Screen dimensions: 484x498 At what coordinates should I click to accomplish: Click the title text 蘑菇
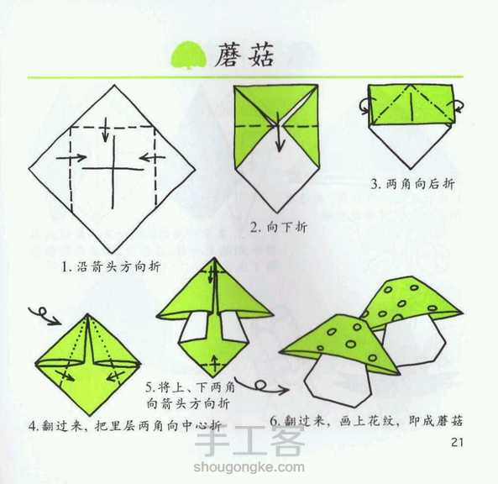click(x=244, y=55)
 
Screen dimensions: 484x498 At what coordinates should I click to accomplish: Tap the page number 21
click(x=458, y=442)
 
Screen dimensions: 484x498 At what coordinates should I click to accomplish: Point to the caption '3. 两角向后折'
click(x=412, y=183)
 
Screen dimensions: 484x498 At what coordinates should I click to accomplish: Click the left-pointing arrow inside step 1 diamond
click(x=148, y=157)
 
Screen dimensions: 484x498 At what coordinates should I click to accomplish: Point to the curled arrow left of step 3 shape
click(x=364, y=106)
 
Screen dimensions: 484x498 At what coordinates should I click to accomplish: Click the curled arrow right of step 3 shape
click(x=460, y=106)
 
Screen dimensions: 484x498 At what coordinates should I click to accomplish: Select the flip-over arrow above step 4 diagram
click(x=42, y=316)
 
